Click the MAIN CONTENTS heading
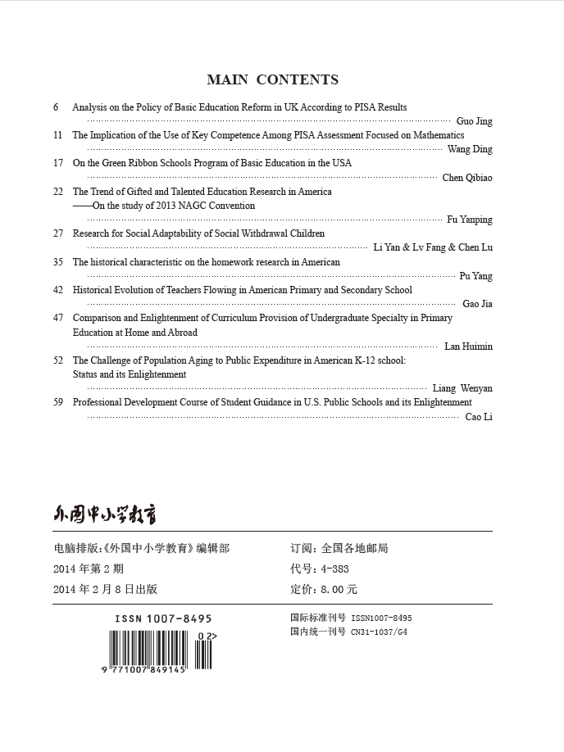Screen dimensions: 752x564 [x=272, y=79]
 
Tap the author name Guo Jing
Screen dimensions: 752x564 [x=474, y=121]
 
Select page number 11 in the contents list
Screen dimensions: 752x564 [x=57, y=135]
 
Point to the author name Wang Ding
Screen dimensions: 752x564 [x=470, y=149]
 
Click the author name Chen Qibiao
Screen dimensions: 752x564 [x=467, y=178]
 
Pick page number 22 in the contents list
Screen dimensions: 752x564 [x=57, y=192]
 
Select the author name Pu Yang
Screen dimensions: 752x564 [x=475, y=276]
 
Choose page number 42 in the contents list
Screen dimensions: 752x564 [x=57, y=290]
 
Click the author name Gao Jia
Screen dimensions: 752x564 [x=477, y=304]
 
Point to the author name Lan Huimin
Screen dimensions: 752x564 [x=468, y=347]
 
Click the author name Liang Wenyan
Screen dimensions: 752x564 [x=462, y=388]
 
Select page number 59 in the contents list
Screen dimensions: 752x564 [x=57, y=402]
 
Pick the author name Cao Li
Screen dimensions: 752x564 [x=479, y=417]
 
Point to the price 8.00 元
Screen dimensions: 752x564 [x=338, y=589]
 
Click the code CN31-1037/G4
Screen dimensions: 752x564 [x=379, y=632]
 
